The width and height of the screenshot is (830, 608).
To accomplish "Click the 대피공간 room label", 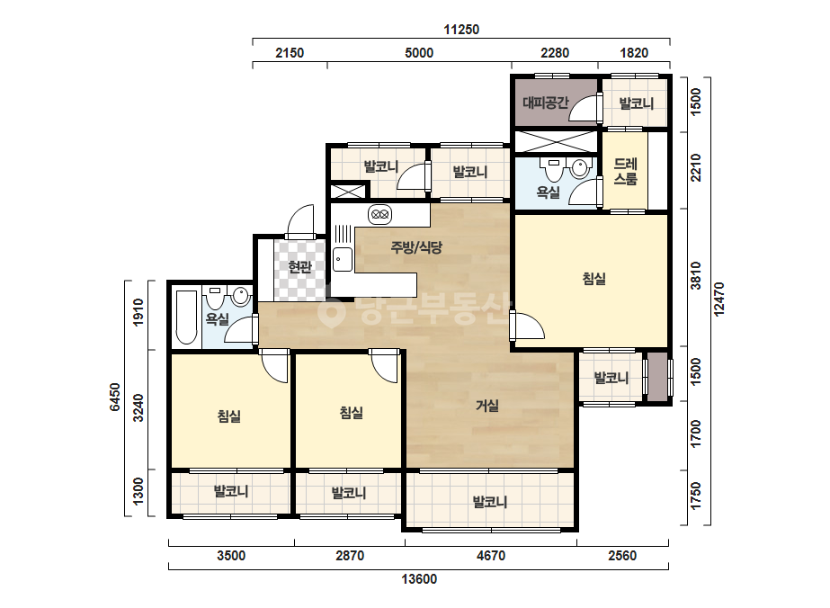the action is click(x=545, y=102).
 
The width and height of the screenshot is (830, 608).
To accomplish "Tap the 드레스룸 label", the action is click(x=625, y=171).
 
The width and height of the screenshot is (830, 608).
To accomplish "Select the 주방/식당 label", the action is click(x=416, y=246).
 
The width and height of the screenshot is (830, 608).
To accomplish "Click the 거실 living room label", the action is click(x=487, y=406).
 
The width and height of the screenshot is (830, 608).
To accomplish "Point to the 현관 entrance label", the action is click(x=299, y=266).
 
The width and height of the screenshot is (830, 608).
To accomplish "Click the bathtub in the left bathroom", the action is click(x=186, y=317).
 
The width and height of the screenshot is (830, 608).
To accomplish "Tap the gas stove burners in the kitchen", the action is click(x=379, y=214).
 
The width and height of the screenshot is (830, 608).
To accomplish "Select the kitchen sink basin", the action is click(x=343, y=259).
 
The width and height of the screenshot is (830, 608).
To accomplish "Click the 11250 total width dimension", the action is click(x=461, y=29).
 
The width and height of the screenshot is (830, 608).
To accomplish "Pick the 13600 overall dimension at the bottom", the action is click(x=419, y=579).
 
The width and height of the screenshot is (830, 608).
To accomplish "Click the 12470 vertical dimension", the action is click(x=718, y=300).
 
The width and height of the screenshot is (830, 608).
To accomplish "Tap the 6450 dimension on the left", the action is click(x=115, y=398).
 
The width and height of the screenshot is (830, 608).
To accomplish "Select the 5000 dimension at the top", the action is click(x=419, y=52).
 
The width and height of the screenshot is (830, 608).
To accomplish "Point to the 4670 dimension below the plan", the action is click(x=491, y=556).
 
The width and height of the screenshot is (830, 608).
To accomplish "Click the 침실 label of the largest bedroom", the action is click(x=593, y=279).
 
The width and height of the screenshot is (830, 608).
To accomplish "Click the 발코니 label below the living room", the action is click(x=489, y=501).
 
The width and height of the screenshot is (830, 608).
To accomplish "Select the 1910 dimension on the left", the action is click(x=138, y=312).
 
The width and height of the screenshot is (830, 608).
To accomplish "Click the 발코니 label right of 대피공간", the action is click(x=637, y=103).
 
